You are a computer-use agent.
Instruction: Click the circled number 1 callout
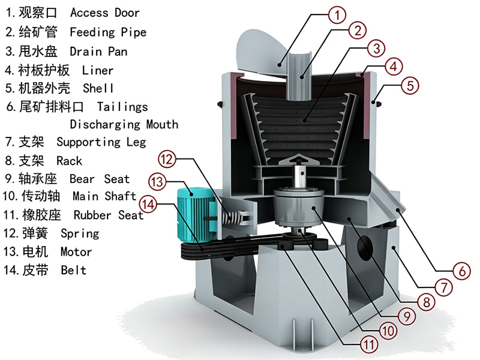[x=337, y=15]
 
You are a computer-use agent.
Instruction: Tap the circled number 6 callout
[x=461, y=271]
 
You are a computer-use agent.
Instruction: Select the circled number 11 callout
[x=368, y=344]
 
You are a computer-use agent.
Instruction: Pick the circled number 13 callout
[x=157, y=182]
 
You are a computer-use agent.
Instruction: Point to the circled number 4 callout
[x=394, y=67]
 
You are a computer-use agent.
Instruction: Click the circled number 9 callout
[x=407, y=316]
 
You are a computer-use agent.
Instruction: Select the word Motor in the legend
[x=76, y=252]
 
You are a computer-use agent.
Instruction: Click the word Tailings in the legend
[x=122, y=107]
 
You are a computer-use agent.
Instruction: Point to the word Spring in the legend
[x=80, y=234]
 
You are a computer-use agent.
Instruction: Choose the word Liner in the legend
[x=98, y=71]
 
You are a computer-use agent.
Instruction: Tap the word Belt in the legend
[x=73, y=271]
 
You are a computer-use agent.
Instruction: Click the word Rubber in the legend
[x=92, y=215]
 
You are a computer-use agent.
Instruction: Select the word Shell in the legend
[x=98, y=88]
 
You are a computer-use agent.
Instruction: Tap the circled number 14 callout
[x=148, y=204]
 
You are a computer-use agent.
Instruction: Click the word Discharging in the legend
[x=105, y=125]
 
